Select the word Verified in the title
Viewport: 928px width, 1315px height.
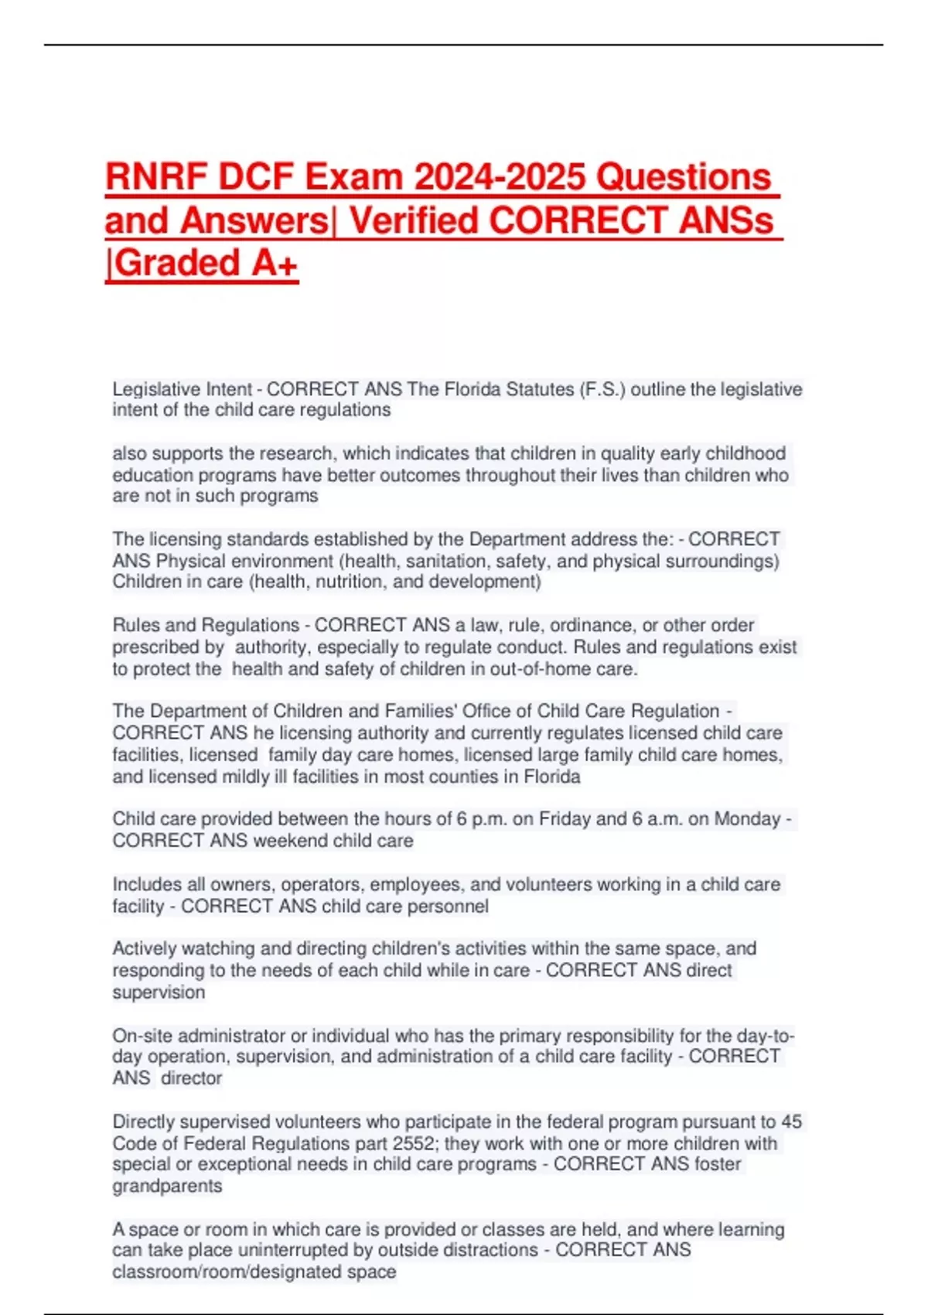click(414, 220)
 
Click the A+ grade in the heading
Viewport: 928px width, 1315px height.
click(275, 263)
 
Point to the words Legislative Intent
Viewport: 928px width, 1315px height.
click(183, 389)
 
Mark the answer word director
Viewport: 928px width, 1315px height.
click(191, 1078)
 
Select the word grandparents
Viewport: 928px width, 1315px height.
click(167, 1186)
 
